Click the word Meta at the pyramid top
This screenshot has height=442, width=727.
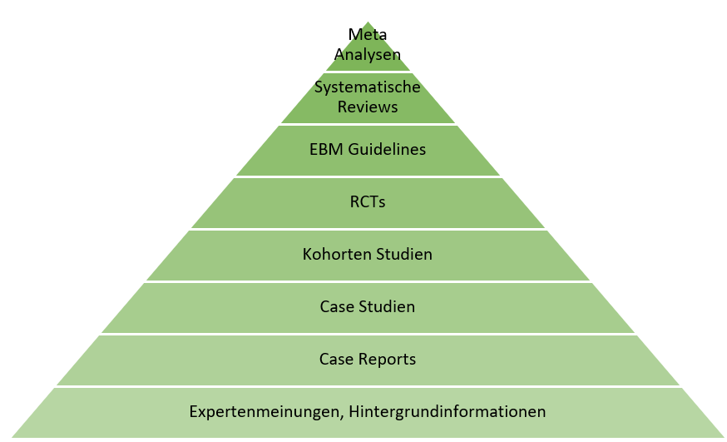click(x=367, y=34)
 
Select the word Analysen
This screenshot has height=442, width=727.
click(x=367, y=55)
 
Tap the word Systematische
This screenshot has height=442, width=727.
click(x=367, y=87)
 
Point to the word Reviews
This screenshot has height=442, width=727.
click(x=367, y=107)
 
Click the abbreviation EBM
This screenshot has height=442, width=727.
click(x=326, y=149)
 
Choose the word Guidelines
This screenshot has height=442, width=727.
click(x=387, y=149)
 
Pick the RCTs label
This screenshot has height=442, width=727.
click(x=367, y=201)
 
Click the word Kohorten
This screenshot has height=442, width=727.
click(x=337, y=254)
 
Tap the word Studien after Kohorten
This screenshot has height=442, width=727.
click(x=403, y=254)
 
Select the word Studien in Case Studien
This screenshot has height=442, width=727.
click(x=387, y=306)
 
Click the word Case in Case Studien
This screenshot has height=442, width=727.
click(x=337, y=306)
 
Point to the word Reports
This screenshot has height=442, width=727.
click(x=387, y=360)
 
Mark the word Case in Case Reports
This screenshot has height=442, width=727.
click(x=337, y=359)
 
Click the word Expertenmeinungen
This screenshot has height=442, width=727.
click(x=265, y=412)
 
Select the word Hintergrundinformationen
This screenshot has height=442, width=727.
click(x=447, y=412)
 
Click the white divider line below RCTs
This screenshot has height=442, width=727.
click(x=368, y=229)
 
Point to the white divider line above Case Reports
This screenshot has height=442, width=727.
click(x=368, y=334)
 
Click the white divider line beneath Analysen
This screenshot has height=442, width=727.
click(x=368, y=72)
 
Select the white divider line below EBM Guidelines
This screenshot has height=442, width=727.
click(x=368, y=176)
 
